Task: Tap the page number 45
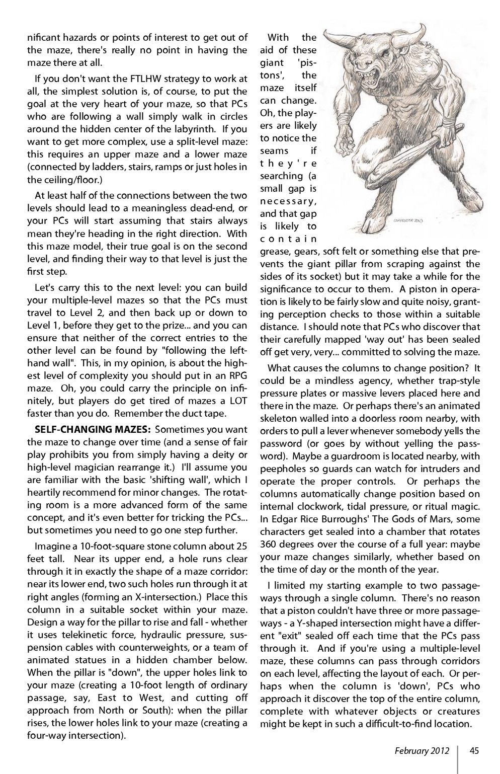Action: click(x=474, y=751)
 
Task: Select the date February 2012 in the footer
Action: click(x=419, y=751)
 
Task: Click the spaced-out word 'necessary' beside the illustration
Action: click(x=288, y=201)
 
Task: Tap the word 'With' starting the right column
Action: click(x=278, y=37)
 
